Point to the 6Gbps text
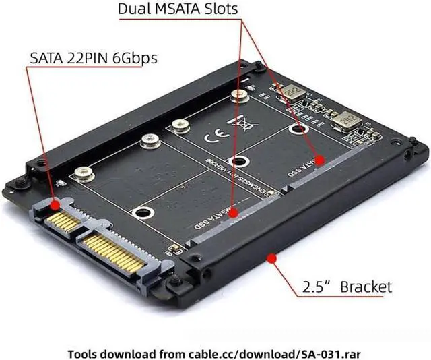pos(136,57)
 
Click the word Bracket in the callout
pos(366,287)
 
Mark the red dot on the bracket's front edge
pos(271,256)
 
